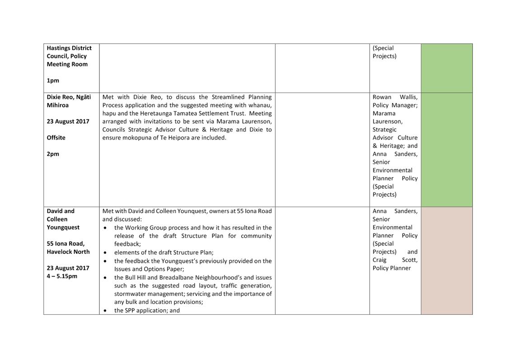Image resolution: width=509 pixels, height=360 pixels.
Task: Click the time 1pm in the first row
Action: (53, 80)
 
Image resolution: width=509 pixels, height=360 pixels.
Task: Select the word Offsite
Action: (56, 137)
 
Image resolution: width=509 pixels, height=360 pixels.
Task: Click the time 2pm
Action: (53, 154)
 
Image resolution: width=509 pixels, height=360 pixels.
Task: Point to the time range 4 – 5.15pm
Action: (62, 276)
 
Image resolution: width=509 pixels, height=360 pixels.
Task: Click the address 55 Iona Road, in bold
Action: (65, 243)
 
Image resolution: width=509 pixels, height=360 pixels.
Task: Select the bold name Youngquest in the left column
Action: (63, 227)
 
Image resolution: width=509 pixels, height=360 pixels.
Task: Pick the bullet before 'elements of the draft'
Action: (105, 253)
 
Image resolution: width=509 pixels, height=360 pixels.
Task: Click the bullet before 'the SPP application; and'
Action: (105, 311)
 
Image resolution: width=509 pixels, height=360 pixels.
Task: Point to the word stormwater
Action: (131, 294)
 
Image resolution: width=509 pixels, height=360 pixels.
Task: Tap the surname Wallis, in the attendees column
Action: (408, 97)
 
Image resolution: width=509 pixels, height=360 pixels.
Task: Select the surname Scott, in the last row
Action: (410, 260)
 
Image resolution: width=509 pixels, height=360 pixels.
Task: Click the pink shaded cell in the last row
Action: (446, 260)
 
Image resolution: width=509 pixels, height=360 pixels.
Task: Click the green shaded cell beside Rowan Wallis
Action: (446, 150)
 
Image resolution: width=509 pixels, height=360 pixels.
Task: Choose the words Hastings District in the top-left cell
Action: (69, 48)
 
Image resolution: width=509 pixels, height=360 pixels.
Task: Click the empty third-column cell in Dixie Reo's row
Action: (322, 150)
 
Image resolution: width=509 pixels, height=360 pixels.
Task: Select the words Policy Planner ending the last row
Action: (391, 268)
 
